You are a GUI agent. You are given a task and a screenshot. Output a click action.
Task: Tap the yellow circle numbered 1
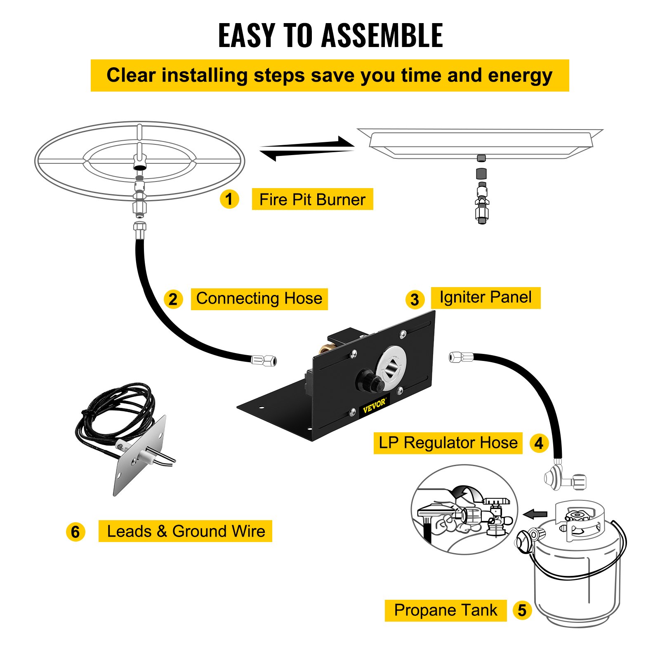(x=229, y=199)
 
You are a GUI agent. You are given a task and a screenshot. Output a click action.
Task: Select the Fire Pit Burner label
(x=312, y=199)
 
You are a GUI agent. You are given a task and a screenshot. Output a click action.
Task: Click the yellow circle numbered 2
(x=173, y=299)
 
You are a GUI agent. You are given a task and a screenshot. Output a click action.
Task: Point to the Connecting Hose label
(x=259, y=299)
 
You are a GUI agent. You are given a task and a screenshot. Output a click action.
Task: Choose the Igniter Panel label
(x=486, y=297)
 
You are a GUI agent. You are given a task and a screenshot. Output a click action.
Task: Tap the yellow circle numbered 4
(x=539, y=443)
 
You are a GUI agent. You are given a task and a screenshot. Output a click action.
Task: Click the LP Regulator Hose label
(x=448, y=443)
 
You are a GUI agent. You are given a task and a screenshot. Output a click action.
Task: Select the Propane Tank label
(x=445, y=610)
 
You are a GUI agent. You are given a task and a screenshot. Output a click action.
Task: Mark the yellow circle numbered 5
(x=522, y=610)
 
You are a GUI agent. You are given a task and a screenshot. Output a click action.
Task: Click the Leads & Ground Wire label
(x=186, y=531)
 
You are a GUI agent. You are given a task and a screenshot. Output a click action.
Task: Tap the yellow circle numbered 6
(x=75, y=532)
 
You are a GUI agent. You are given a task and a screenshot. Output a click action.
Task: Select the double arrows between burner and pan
(x=307, y=148)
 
